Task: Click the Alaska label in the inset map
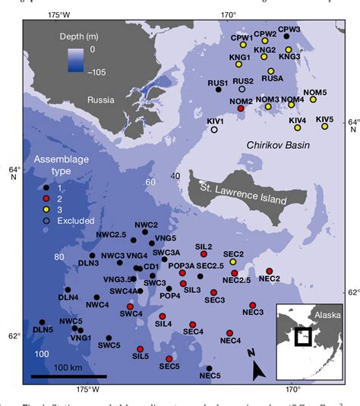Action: point(327,314)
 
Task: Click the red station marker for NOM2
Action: point(241,109)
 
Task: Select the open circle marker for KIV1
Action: point(214,130)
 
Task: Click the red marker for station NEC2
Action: point(270,271)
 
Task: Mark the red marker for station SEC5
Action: point(169,358)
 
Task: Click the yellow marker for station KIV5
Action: point(324,127)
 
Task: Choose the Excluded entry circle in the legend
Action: point(46,221)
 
